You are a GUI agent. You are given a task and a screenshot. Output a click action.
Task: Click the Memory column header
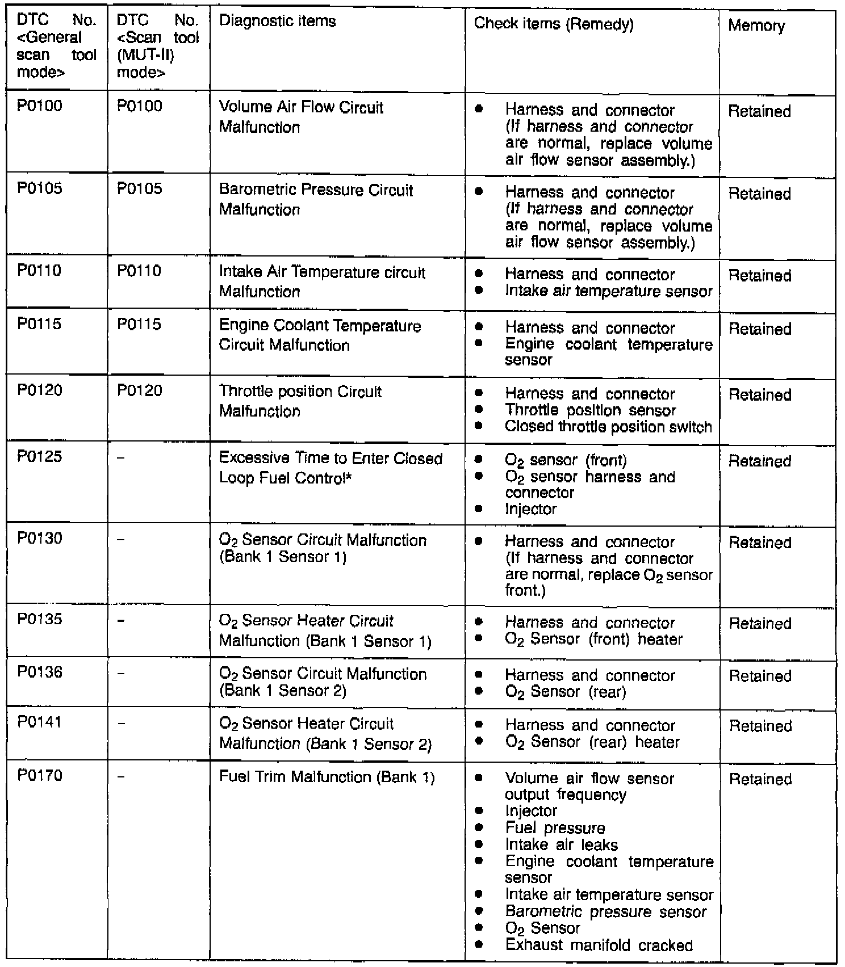pos(756,26)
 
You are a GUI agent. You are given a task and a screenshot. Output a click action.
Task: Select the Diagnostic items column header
pos(277,22)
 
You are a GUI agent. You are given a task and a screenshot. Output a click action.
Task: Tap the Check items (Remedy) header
pos(553,24)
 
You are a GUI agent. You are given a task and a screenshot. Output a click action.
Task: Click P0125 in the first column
pos(39,457)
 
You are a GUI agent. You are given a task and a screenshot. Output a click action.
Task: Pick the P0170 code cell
pos(39,776)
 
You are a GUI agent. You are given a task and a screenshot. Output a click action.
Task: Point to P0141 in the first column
pos(39,722)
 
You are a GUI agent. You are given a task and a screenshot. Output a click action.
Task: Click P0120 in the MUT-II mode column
pos(140,390)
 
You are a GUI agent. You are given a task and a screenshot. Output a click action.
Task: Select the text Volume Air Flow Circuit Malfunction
pos(301,117)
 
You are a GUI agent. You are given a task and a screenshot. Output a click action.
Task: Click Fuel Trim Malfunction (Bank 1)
pos(327,777)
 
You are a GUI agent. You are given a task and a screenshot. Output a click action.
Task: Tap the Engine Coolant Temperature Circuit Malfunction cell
pos(320,335)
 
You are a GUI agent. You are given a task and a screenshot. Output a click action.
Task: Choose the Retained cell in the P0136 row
pos(760,676)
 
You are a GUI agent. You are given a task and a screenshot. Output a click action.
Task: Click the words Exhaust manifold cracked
pos(599,945)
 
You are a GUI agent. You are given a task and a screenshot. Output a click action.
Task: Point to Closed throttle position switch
pos(608,427)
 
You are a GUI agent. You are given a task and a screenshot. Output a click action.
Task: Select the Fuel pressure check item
pos(555,829)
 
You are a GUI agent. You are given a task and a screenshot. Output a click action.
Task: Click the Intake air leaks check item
pos(561,845)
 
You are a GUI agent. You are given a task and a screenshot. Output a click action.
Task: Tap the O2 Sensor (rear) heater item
pos(592,742)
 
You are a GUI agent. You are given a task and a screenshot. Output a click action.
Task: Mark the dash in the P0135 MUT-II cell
pos(120,620)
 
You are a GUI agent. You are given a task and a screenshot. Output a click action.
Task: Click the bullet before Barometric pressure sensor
pos(479,911)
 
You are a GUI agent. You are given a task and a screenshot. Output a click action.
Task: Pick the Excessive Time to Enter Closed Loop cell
pos(331,468)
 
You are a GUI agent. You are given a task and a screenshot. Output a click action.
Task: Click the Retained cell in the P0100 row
pos(759,111)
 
